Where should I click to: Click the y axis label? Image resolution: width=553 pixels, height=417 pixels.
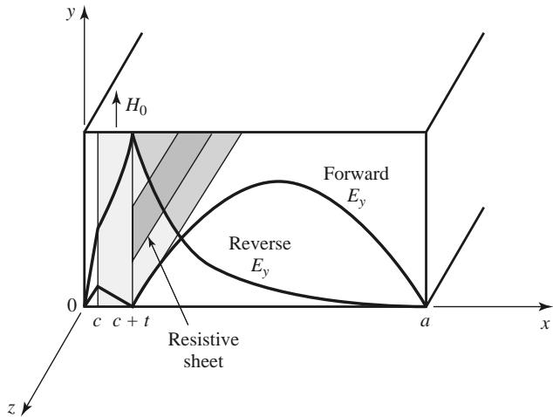pyautogui.click(x=72, y=13)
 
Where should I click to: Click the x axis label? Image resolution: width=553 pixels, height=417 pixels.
pyautogui.click(x=545, y=323)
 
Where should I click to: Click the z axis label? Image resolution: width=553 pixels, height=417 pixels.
pyautogui.click(x=11, y=408)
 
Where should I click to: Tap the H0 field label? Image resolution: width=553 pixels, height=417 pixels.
pyautogui.click(x=136, y=106)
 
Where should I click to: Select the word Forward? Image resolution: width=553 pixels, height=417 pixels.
pyautogui.click(x=356, y=174)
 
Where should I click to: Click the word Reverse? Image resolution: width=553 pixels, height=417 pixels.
pyautogui.click(x=260, y=243)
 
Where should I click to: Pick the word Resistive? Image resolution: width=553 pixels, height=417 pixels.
pyautogui.click(x=203, y=339)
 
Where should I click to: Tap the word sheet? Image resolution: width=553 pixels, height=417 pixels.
pyautogui.click(x=203, y=361)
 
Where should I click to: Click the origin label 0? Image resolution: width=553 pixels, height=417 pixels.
pyautogui.click(x=72, y=305)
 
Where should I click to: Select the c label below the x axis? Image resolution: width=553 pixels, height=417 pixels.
pyautogui.click(x=97, y=321)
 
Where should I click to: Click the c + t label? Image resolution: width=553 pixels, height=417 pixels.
pyautogui.click(x=131, y=321)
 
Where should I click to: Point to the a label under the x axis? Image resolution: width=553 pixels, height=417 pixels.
pyautogui.click(x=426, y=321)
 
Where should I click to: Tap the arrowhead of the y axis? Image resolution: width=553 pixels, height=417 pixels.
pyautogui.click(x=85, y=12)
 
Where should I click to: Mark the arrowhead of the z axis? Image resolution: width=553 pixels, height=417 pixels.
pyautogui.click(x=26, y=409)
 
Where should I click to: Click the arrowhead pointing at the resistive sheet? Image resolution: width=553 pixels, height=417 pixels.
pyautogui.click(x=151, y=243)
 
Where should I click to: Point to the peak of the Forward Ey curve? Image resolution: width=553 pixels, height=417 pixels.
pyautogui.click(x=279, y=181)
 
